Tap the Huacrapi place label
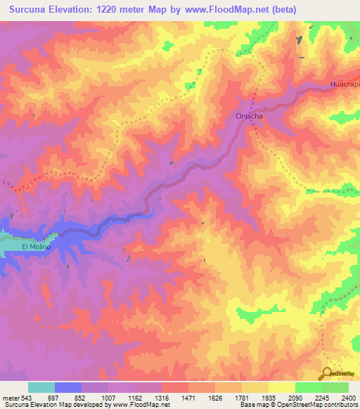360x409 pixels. click(x=345, y=84)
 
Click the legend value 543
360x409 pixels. click(x=26, y=398)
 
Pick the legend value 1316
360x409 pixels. click(x=161, y=398)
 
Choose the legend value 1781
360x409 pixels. click(x=242, y=398)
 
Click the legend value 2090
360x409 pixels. click(x=295, y=398)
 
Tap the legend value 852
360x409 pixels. click(x=81, y=398)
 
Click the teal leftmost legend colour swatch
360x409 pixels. click(x=41, y=388)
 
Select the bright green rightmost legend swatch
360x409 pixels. click(x=335, y=388)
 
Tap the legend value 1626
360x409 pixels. click(x=215, y=398)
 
